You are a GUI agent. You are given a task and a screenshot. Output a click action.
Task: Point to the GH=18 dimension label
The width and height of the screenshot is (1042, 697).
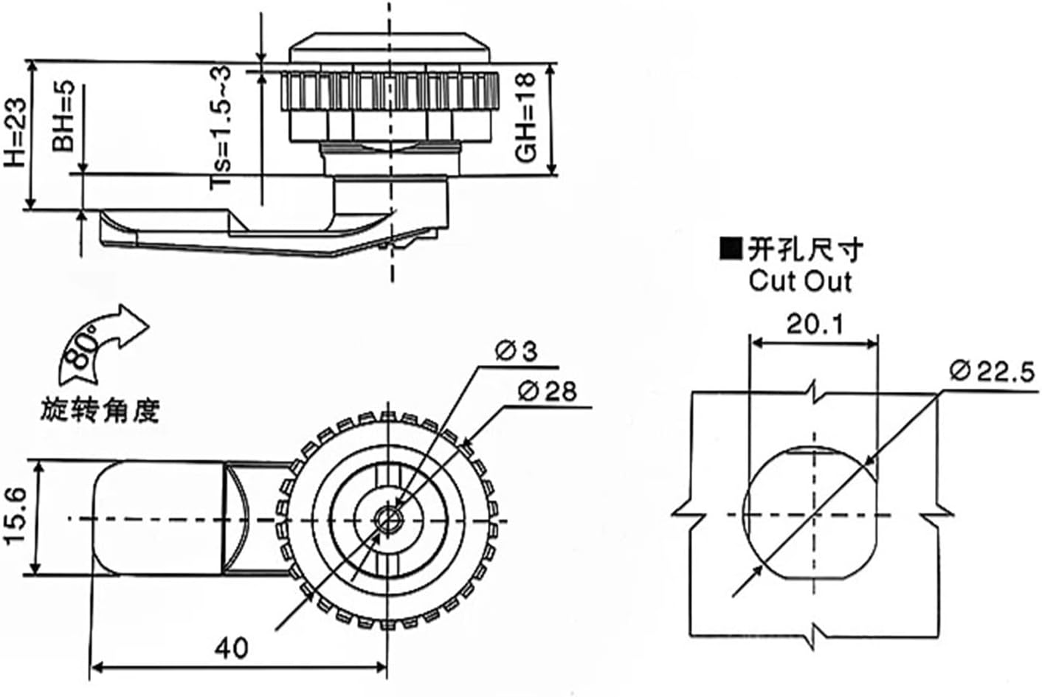526,120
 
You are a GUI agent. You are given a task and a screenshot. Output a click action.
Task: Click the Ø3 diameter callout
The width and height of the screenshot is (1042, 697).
517,353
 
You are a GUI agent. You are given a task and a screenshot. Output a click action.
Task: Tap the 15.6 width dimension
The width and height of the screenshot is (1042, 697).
17,518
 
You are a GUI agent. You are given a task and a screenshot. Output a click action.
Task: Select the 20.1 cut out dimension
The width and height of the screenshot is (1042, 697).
814,324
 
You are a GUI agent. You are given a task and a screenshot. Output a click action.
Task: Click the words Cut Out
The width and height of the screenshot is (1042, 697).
800,281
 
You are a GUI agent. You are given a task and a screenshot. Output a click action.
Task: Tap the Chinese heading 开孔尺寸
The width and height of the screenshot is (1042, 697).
804,250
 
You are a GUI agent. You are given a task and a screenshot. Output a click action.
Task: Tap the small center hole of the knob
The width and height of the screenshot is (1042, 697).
386,519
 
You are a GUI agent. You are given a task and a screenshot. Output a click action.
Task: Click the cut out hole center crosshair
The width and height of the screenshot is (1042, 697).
813,514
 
